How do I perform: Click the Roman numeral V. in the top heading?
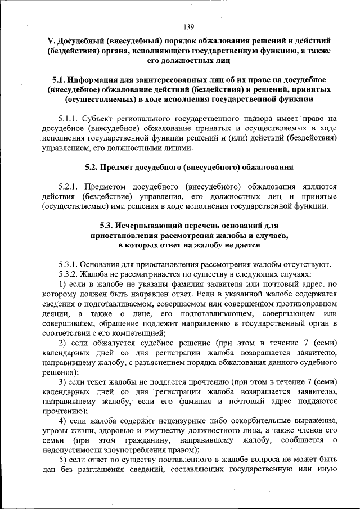[50, 41]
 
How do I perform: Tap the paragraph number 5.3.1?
[68, 264]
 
